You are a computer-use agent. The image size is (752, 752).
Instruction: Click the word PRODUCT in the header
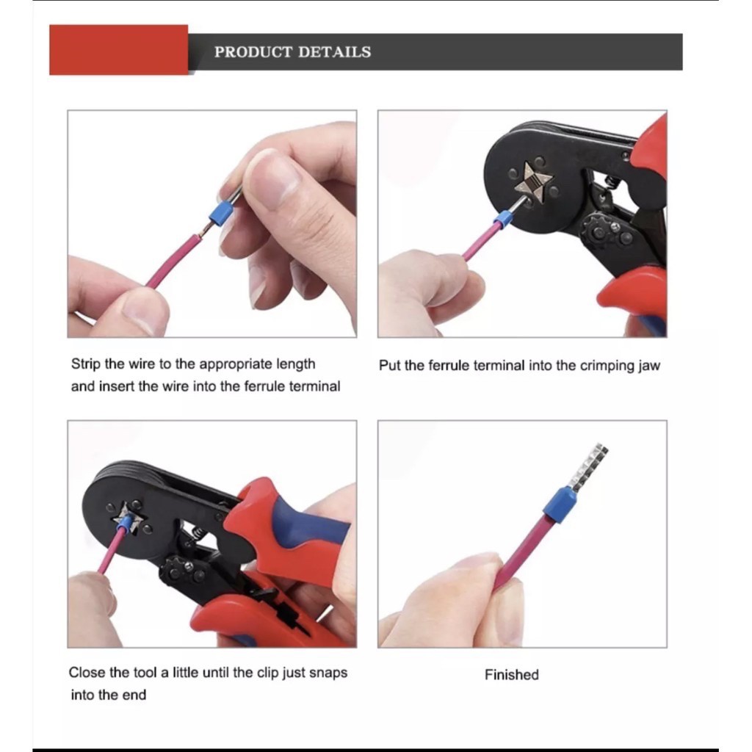[253, 52]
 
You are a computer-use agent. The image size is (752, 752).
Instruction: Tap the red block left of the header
[118, 49]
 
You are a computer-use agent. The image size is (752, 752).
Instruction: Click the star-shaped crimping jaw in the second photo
[532, 181]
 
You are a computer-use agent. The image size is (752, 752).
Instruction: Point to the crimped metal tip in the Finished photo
[588, 465]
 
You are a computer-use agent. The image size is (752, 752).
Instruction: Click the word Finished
[512, 675]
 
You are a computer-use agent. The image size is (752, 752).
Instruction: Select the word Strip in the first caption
[86, 364]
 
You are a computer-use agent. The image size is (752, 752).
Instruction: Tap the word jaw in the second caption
[649, 366]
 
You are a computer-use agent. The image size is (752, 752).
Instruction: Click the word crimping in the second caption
[607, 366]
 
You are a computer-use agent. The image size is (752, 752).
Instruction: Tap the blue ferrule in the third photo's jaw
[125, 522]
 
